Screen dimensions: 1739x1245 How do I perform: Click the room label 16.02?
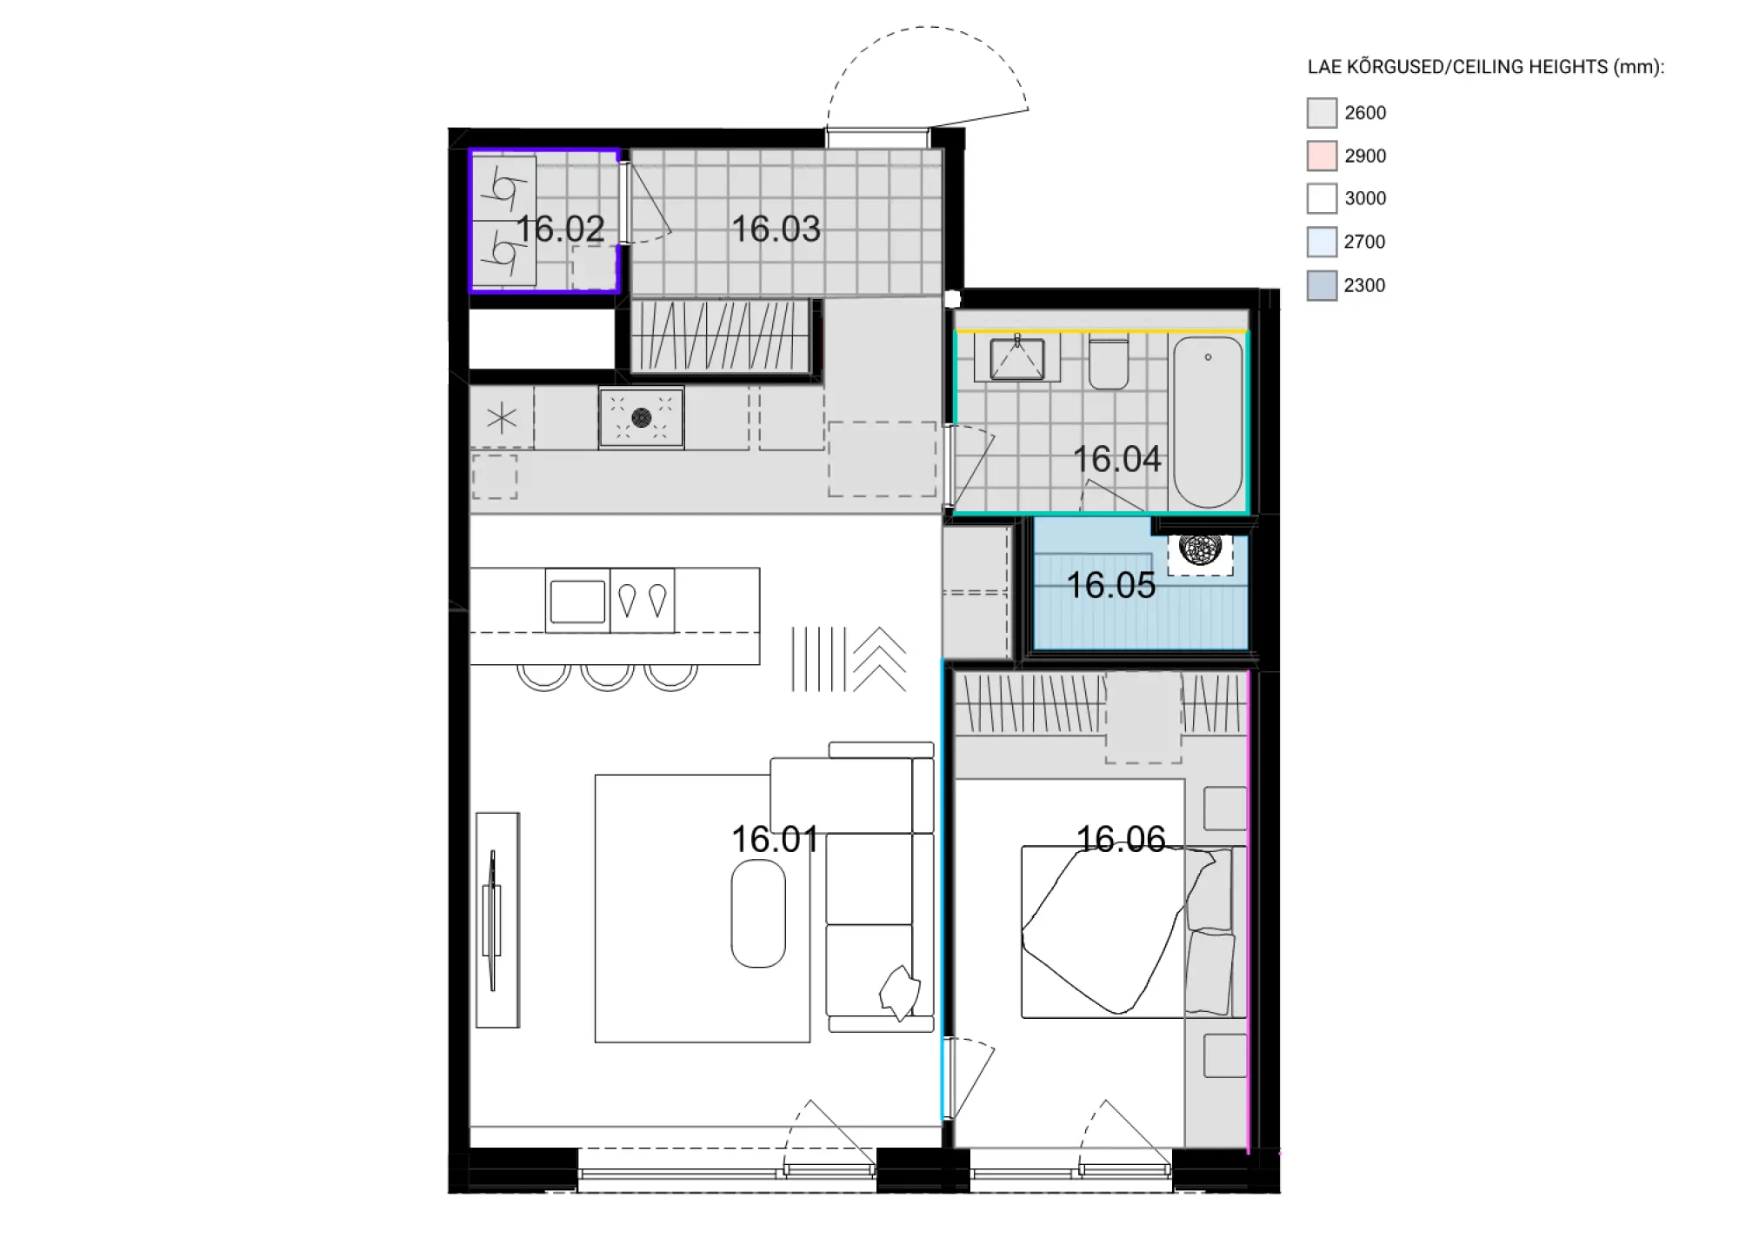tap(560, 229)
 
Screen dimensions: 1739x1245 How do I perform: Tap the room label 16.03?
tap(776, 229)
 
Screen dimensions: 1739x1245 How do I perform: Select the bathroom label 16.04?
tap(1116, 459)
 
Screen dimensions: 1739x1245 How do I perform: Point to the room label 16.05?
tap(1110, 585)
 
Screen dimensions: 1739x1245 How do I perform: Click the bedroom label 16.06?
tap(1121, 839)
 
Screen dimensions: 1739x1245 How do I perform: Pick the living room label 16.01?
tap(775, 839)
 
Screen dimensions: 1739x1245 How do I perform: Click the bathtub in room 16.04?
tap(1208, 423)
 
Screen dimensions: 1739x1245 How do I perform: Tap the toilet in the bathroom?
tap(1109, 362)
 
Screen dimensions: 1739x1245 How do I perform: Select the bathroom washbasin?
tap(1016, 358)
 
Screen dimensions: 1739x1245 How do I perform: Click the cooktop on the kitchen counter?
tap(642, 417)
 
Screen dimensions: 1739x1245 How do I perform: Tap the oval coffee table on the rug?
tap(758, 914)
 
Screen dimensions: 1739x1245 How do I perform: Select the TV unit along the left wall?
tap(497, 920)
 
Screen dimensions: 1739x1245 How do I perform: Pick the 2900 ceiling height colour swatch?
tap(1322, 156)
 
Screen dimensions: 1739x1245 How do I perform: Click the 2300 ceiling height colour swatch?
tap(1322, 286)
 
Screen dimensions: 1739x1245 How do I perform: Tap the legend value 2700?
tap(1364, 242)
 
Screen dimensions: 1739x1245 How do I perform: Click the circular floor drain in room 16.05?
tap(1200, 549)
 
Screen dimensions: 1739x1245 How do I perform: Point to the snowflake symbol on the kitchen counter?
tap(502, 419)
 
